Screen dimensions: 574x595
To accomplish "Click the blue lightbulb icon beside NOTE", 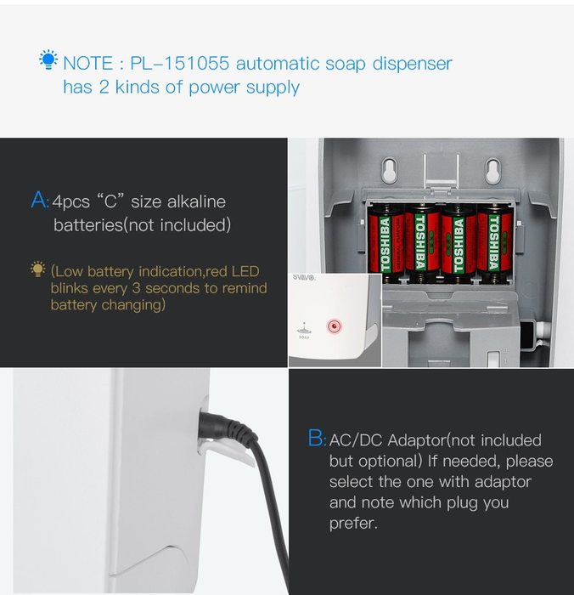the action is click(x=48, y=60).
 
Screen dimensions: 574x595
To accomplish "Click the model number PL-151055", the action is click(x=180, y=63).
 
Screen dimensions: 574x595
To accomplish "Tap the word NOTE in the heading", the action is click(x=88, y=63).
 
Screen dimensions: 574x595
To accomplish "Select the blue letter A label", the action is click(x=39, y=200).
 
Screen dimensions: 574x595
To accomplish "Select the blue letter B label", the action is click(x=315, y=438).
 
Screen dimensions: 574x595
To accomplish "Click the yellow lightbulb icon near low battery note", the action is click(x=38, y=269).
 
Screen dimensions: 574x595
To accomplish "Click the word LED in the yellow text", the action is click(x=245, y=271).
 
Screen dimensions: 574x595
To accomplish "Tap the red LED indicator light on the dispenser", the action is click(x=334, y=326).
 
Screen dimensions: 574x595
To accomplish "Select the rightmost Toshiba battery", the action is click(x=494, y=242).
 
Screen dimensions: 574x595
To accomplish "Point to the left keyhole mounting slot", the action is click(x=389, y=170).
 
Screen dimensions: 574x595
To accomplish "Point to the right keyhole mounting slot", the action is click(x=492, y=170).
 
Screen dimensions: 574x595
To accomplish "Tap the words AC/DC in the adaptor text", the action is click(x=356, y=440).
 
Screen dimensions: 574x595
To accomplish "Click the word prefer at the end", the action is click(x=353, y=524).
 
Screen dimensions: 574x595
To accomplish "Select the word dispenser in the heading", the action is click(x=412, y=64).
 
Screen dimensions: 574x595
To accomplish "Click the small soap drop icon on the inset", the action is click(x=304, y=328).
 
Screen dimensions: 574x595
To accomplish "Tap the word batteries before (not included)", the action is click(x=88, y=224).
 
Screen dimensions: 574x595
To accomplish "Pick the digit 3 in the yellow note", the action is click(x=136, y=288).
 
